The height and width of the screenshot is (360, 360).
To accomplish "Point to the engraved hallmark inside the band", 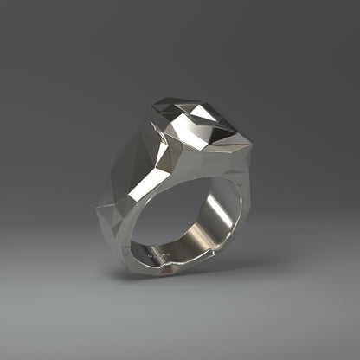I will [x=157, y=256].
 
